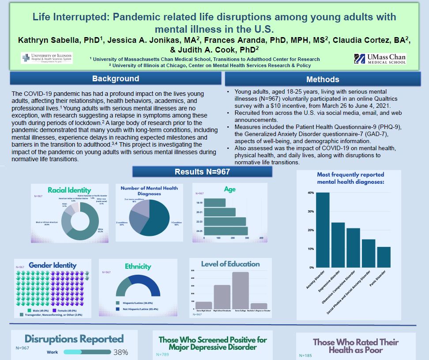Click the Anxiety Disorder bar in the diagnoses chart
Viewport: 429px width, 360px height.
click(323, 230)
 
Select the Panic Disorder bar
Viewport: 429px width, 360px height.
click(384, 257)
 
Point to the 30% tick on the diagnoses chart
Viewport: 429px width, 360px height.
click(311, 212)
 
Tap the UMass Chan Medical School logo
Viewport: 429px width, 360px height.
click(380, 59)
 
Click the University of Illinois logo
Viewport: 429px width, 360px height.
click(46, 58)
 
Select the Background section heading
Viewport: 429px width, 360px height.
click(116, 79)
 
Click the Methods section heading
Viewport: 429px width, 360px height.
click(323, 80)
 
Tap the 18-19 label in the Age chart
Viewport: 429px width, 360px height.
click(200, 203)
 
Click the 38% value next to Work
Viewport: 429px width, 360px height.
click(120, 352)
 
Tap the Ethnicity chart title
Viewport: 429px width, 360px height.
click(138, 266)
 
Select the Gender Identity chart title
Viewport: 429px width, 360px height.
click(53, 265)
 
